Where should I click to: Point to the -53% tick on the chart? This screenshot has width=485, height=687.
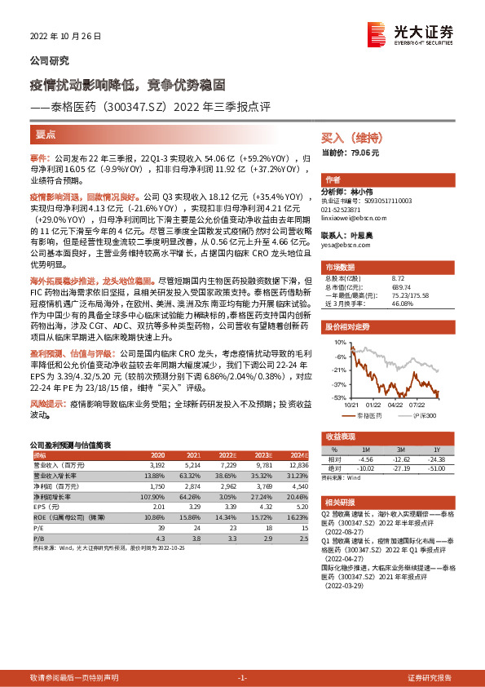point(338,397)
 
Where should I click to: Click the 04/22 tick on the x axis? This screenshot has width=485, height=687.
point(396,403)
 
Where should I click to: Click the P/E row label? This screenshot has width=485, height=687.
point(38,528)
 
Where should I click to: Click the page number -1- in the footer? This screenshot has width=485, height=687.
point(242,678)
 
